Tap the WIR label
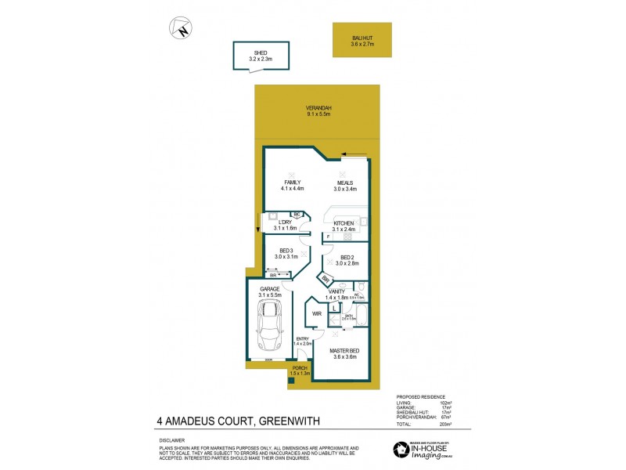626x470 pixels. click(316, 313)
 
